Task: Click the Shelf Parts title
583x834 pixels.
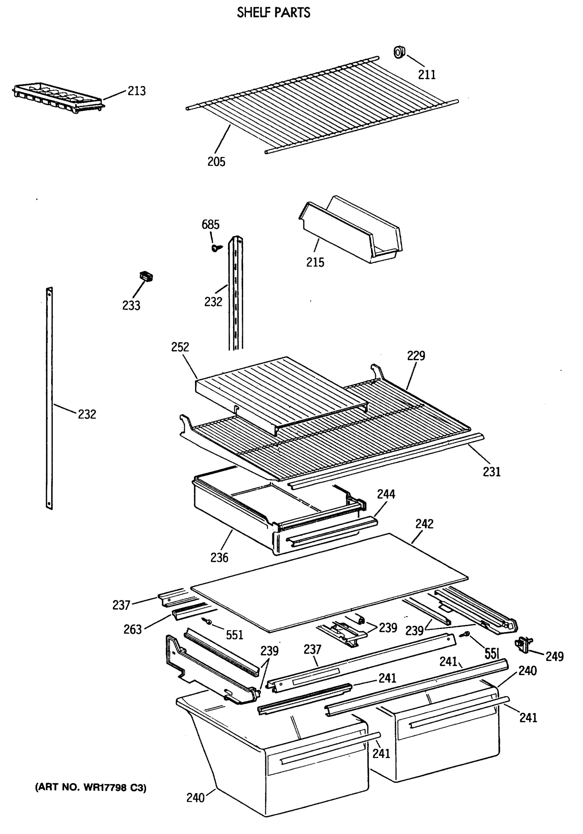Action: pyautogui.click(x=273, y=13)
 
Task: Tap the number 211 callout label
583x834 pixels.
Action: pyautogui.click(x=427, y=74)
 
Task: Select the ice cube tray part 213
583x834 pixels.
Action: pyautogui.click(x=58, y=97)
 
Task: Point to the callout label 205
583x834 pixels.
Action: pyautogui.click(x=216, y=162)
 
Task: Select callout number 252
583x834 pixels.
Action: pyautogui.click(x=180, y=347)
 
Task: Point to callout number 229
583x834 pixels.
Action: pyautogui.click(x=416, y=355)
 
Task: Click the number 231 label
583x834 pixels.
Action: pyautogui.click(x=492, y=472)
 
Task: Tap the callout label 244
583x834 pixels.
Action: pyautogui.click(x=386, y=494)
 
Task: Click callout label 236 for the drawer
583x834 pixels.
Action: pyautogui.click(x=219, y=557)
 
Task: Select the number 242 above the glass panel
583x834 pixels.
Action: pyautogui.click(x=424, y=524)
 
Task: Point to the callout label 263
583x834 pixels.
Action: pyautogui.click(x=132, y=629)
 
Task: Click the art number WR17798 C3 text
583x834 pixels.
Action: pyautogui.click(x=90, y=788)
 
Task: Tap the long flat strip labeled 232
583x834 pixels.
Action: pyautogui.click(x=49, y=398)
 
